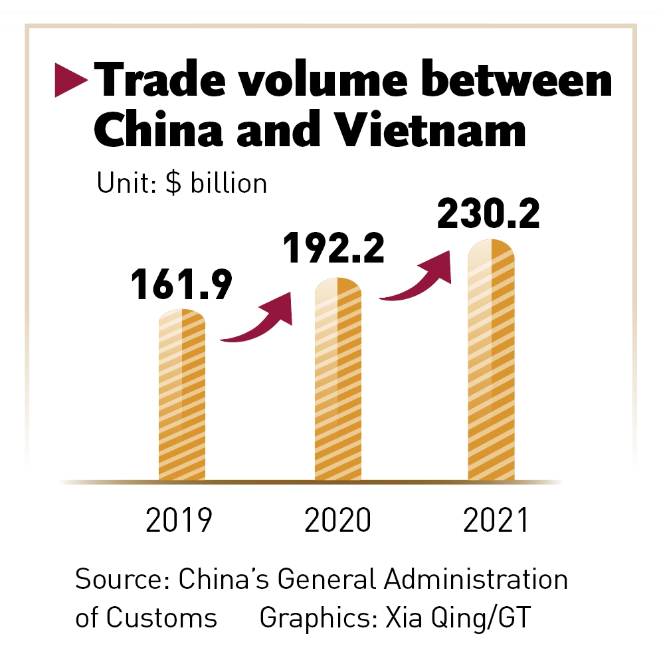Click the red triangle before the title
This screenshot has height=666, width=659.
[x=70, y=80]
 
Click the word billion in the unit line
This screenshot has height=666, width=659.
[x=229, y=183]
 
